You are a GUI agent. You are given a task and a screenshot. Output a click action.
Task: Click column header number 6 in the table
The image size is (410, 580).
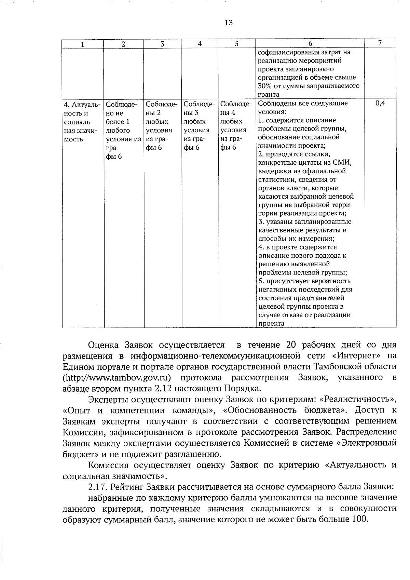tap(310, 43)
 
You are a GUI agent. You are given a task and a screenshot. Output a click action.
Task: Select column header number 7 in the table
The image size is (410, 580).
tap(380, 43)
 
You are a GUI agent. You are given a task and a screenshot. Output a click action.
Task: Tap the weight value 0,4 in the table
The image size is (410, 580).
tap(380, 103)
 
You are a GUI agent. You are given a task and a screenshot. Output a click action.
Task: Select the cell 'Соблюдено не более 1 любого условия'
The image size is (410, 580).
tap(123, 130)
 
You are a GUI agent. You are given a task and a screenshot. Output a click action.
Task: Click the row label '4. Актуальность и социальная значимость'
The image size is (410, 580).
tap(82, 122)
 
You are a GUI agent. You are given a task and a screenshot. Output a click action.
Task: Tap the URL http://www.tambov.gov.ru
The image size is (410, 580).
tap(117, 378)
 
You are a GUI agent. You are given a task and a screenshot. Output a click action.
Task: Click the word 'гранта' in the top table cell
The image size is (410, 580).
tap(269, 94)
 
